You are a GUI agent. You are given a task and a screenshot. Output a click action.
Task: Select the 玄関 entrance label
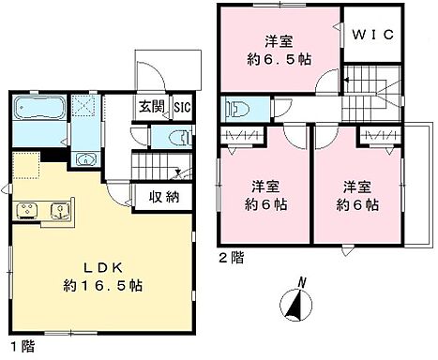tap(152, 107)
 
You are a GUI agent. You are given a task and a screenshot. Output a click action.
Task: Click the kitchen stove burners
tap(26, 208)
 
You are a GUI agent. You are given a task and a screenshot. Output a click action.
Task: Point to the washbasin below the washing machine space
tap(85, 157)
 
